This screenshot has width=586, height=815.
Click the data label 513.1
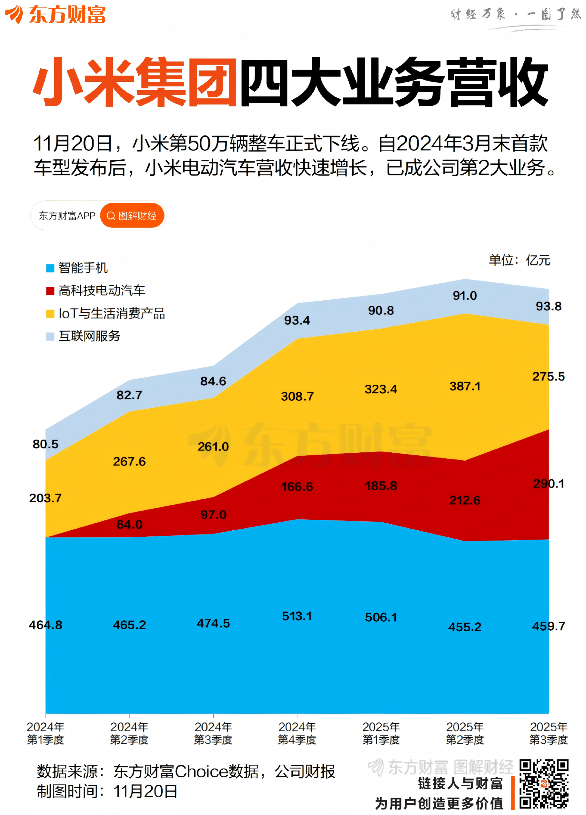pyautogui.click(x=297, y=616)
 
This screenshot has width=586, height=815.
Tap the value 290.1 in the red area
pyautogui.click(x=548, y=484)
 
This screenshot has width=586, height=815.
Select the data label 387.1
pyautogui.click(x=465, y=386)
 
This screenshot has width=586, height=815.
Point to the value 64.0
pyautogui.click(x=129, y=524)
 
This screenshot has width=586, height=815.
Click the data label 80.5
pyautogui.click(x=45, y=444)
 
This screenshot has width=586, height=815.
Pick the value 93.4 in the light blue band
pyautogui.click(x=297, y=320)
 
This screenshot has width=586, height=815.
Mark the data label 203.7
pyautogui.click(x=45, y=498)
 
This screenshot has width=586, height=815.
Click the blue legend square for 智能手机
pyautogui.click(x=50, y=268)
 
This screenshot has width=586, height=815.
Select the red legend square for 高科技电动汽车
pyautogui.click(x=50, y=291)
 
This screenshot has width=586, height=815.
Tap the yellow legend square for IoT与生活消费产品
pyautogui.click(x=50, y=314)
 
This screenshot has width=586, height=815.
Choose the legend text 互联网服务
pyautogui.click(x=89, y=336)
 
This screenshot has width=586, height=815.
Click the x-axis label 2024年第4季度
pyautogui.click(x=297, y=733)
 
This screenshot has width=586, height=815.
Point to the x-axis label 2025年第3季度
pyautogui.click(x=548, y=733)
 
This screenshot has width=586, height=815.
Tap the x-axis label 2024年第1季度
pyautogui.click(x=45, y=733)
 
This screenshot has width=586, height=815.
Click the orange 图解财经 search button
pyautogui.click(x=132, y=216)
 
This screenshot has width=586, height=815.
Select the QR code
pyautogui.click(x=544, y=784)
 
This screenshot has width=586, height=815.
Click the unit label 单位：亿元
pyautogui.click(x=519, y=260)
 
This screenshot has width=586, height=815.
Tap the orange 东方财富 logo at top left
pyautogui.click(x=55, y=14)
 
